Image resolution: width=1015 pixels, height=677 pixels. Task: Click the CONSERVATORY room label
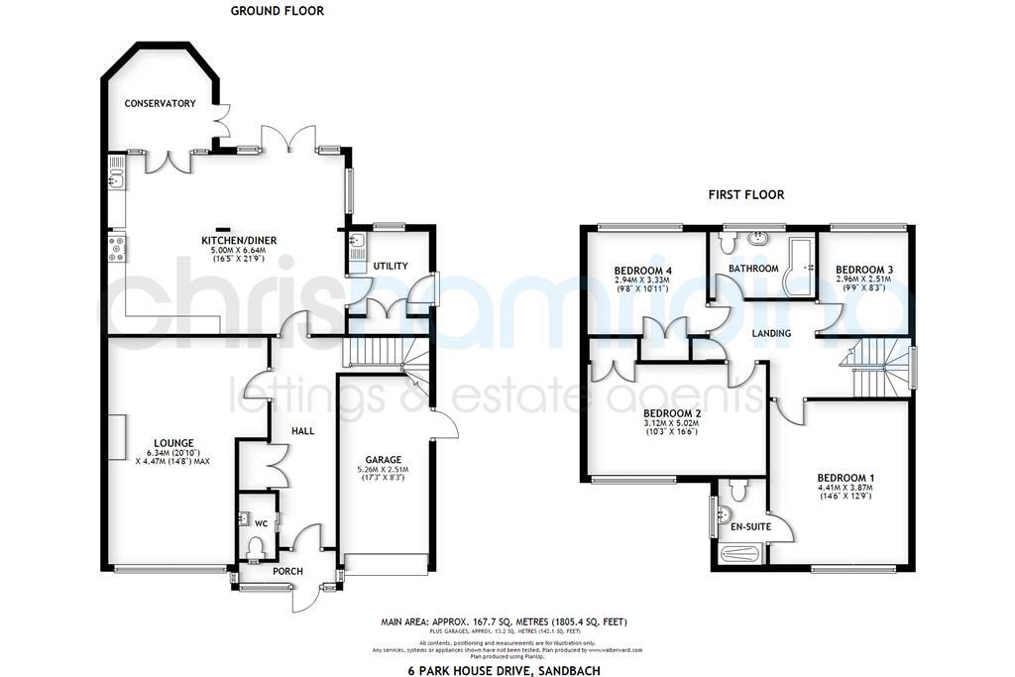160,104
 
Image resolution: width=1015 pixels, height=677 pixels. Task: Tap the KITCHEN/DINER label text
234,241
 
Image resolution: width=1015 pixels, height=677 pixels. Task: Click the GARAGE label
383,460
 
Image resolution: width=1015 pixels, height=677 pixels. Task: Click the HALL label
302,432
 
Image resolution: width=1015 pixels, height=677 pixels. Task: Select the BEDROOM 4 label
643,271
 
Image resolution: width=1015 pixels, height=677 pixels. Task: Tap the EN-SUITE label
750,526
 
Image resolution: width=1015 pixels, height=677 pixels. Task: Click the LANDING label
771,333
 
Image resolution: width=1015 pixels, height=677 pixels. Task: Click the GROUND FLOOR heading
278,11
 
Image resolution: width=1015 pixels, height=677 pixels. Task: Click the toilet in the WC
255,546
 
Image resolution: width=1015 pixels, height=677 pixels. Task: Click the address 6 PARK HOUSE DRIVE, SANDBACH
505,671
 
